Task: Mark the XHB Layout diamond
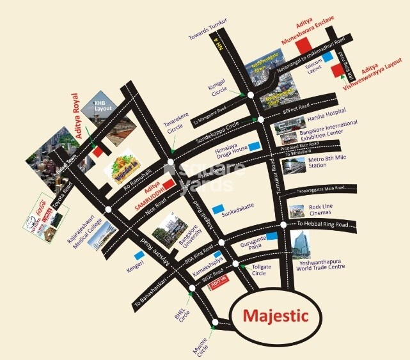click(x=102, y=104)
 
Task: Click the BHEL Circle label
click(x=184, y=312)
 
